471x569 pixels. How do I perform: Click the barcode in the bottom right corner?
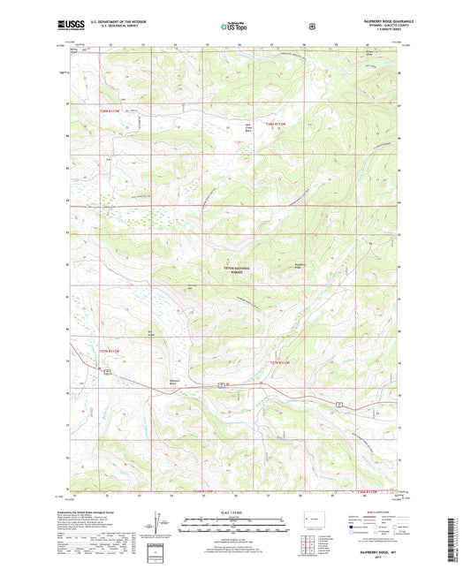tap(458, 543)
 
